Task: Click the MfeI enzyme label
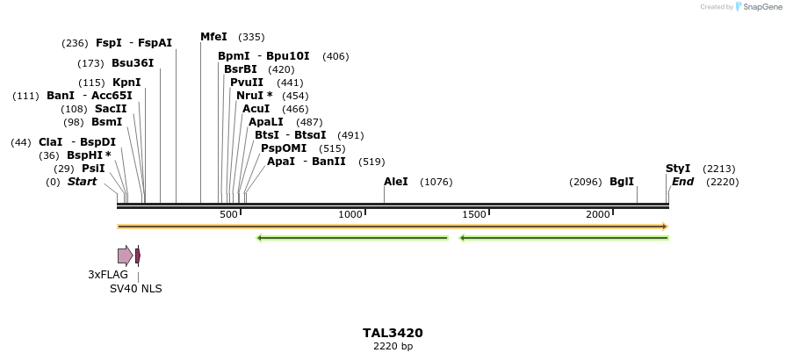(x=213, y=37)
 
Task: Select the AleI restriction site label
(x=396, y=182)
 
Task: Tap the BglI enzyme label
(x=622, y=182)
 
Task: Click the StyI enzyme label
(x=678, y=169)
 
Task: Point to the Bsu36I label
(x=133, y=63)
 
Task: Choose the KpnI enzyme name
(x=126, y=83)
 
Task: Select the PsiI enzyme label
(x=93, y=169)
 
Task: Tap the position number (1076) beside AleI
(x=436, y=182)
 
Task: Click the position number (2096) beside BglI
(x=586, y=182)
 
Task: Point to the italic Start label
(x=82, y=182)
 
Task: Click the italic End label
(x=682, y=182)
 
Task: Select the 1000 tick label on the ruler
(x=350, y=214)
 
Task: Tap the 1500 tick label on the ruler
(x=474, y=214)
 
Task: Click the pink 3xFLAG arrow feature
(x=125, y=256)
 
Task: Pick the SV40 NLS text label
(x=135, y=288)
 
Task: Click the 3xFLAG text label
(x=108, y=275)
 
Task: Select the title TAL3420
(x=393, y=333)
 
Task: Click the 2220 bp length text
(x=393, y=347)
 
